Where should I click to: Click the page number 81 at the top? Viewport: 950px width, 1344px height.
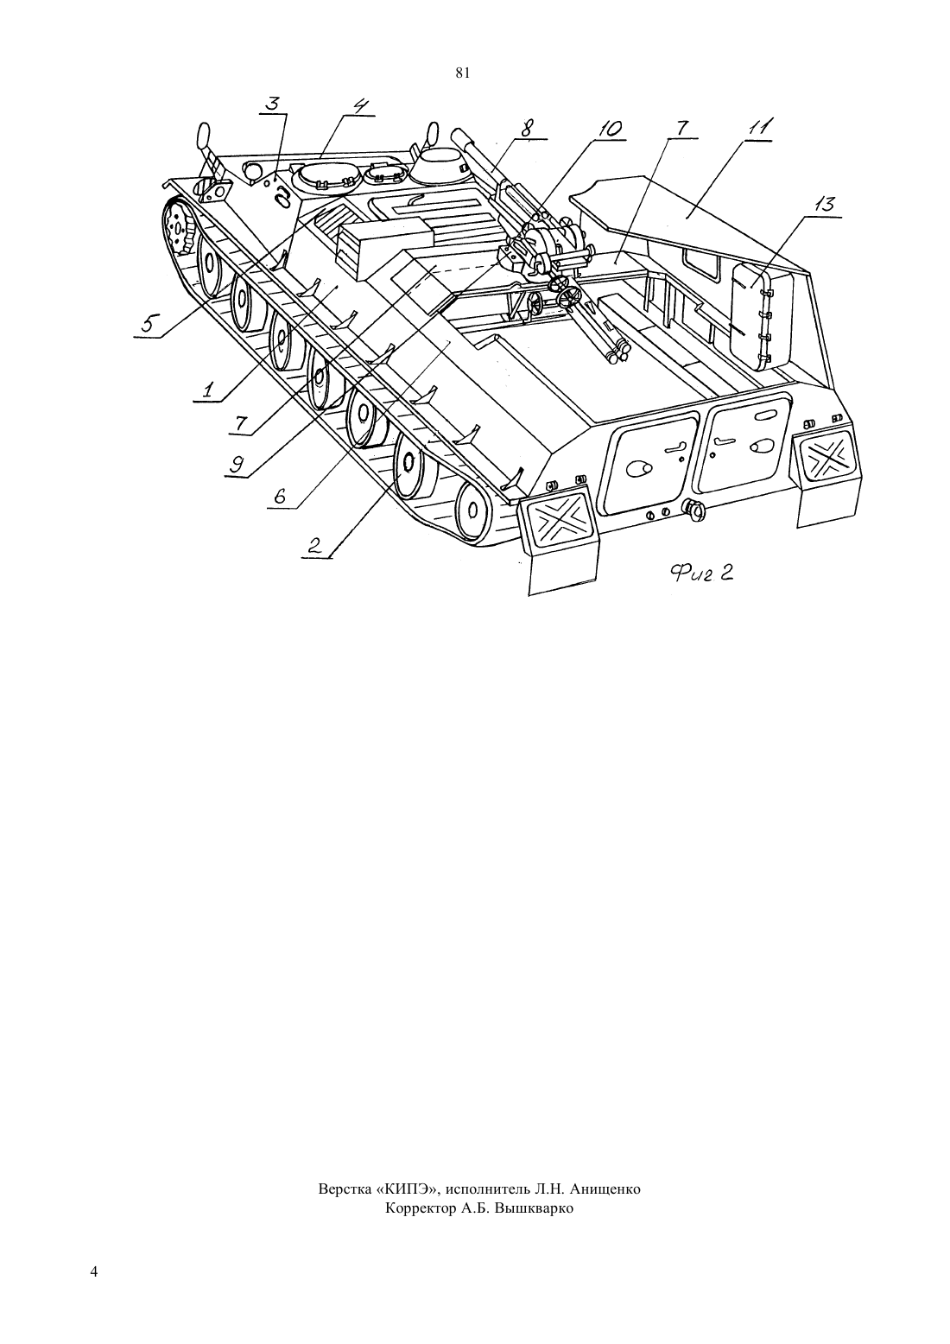pos(462,73)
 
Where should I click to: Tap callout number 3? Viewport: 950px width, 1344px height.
pos(273,103)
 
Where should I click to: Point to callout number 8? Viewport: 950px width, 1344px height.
pos(527,129)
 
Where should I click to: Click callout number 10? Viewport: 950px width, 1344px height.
pos(609,129)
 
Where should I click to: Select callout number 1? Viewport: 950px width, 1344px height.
pos(207,390)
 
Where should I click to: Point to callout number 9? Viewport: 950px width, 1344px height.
pos(238,463)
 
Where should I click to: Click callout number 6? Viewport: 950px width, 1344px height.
pos(281,496)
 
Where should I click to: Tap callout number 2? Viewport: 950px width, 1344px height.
pos(314,545)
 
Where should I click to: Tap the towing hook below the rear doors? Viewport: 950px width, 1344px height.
pos(693,510)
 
